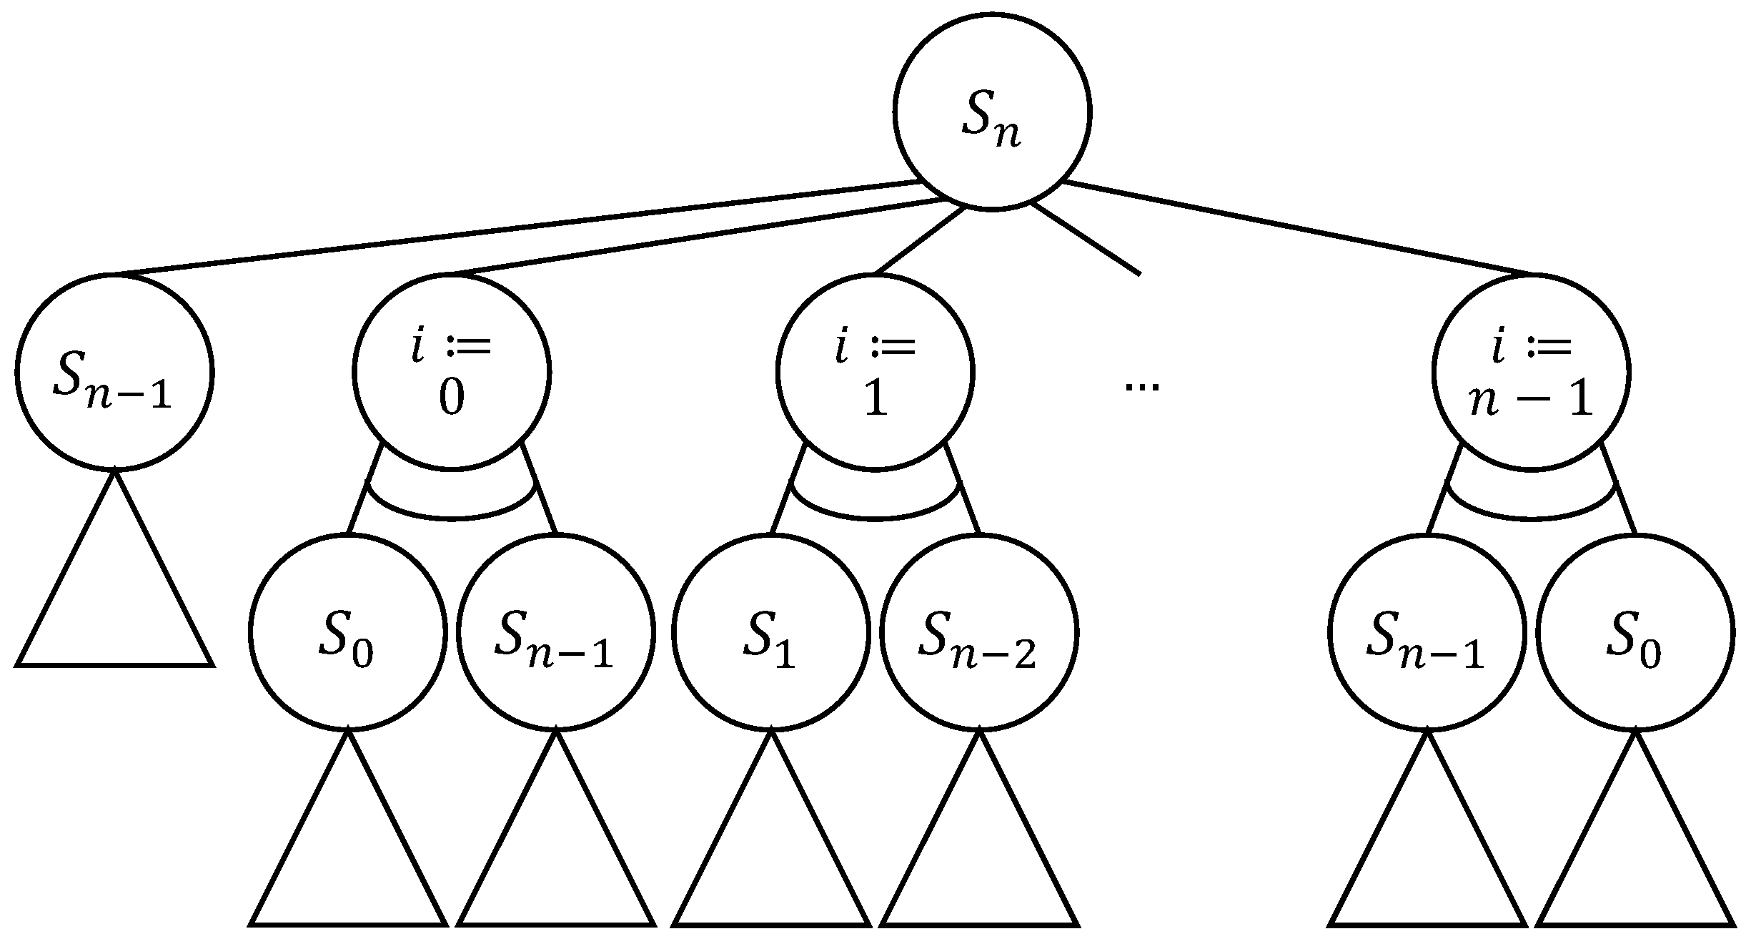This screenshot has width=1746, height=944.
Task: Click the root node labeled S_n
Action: [x=991, y=112]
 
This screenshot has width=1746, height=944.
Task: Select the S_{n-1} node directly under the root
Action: [x=114, y=372]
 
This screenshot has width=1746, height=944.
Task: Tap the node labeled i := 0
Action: [x=451, y=372]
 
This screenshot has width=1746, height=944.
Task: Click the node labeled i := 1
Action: [x=875, y=372]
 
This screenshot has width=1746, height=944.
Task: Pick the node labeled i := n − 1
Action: [x=1531, y=372]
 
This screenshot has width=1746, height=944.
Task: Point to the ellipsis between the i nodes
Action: [x=1141, y=387]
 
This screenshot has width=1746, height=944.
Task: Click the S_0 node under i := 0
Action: [x=347, y=632]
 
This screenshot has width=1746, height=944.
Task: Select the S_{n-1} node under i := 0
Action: [x=556, y=632]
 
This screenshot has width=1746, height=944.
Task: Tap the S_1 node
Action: [x=770, y=632]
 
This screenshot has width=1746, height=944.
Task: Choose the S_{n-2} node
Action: [x=979, y=632]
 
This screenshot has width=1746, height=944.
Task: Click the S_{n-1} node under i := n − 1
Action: [x=1427, y=632]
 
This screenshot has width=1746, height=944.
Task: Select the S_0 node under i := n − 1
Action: [x=1635, y=632]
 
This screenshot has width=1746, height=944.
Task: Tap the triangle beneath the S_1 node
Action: [x=770, y=858]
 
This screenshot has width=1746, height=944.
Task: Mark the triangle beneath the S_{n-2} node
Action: [x=979, y=858]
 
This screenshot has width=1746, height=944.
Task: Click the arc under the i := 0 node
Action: [x=451, y=518]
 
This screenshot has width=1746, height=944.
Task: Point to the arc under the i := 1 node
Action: [x=875, y=518]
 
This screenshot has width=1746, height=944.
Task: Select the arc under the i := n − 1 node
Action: [x=1531, y=518]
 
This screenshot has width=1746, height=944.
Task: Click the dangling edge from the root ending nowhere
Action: [x=1086, y=239]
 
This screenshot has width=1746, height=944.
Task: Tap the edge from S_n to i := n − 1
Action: [x=1297, y=229]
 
